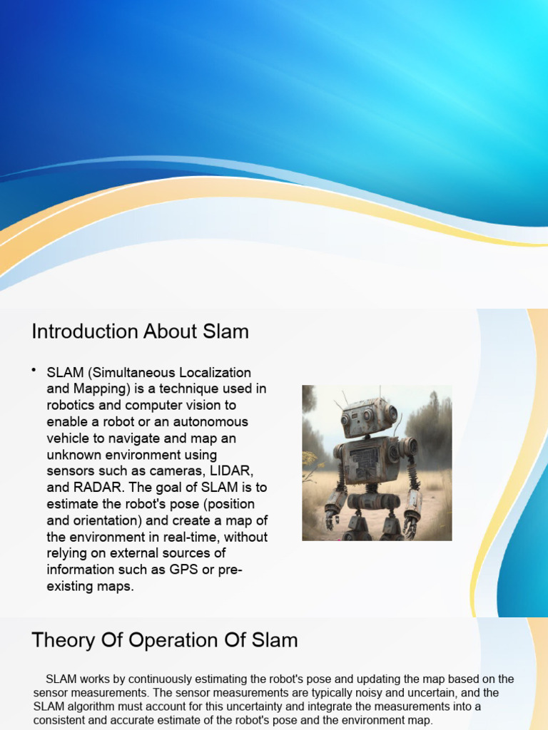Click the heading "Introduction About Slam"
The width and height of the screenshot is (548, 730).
point(140,331)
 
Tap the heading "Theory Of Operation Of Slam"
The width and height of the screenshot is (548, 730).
point(164,640)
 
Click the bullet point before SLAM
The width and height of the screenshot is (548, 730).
point(34,369)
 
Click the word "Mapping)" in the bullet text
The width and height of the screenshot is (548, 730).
point(98,389)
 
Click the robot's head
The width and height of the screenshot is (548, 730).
point(367,416)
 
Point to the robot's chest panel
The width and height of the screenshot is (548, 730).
point(366,461)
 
